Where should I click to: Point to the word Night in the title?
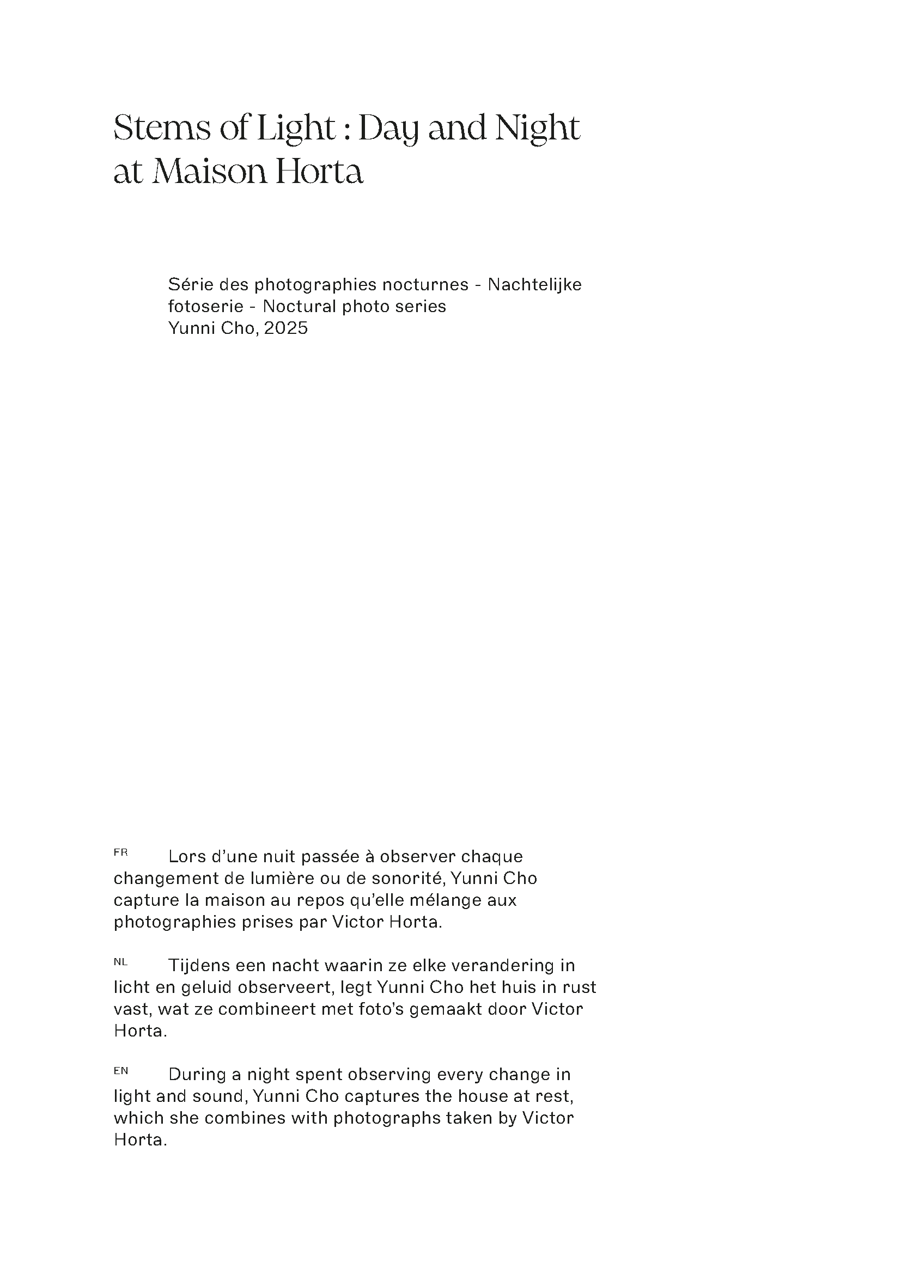click(x=537, y=129)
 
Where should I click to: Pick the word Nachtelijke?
click(x=534, y=285)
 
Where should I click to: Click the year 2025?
click(x=286, y=328)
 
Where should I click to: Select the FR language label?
click(x=120, y=852)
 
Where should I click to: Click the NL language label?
click(x=120, y=962)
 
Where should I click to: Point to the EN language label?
click(x=120, y=1071)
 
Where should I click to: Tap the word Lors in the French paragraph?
click(x=187, y=857)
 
